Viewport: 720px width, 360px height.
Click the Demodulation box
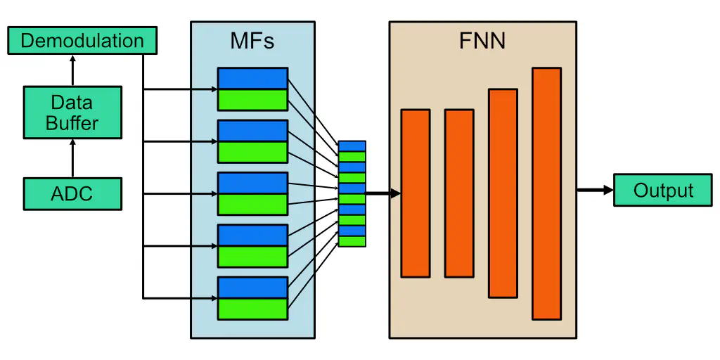[x=82, y=41]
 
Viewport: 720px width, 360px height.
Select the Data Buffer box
[x=72, y=112]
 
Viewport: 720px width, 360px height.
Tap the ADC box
[x=72, y=193]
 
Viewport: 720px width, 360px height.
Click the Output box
[x=662, y=190]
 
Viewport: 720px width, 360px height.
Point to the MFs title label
[x=252, y=41]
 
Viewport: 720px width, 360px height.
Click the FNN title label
[x=482, y=41]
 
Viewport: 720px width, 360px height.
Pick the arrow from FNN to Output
[x=594, y=190]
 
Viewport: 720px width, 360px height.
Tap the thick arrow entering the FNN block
[x=383, y=193]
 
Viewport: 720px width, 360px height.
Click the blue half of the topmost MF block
[x=252, y=78]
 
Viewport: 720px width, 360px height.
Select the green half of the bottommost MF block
[x=252, y=309]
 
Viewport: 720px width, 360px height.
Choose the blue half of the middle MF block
[x=252, y=183]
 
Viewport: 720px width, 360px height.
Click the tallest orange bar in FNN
[x=546, y=193]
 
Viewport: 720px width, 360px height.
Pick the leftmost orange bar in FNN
[x=415, y=193]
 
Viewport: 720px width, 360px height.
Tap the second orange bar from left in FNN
[x=459, y=193]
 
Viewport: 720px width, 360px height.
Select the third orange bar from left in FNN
[x=503, y=193]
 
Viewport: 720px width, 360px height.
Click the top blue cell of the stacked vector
[x=352, y=146]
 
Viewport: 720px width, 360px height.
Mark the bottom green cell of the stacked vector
[x=352, y=241]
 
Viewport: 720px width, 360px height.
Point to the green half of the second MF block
[x=252, y=152]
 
